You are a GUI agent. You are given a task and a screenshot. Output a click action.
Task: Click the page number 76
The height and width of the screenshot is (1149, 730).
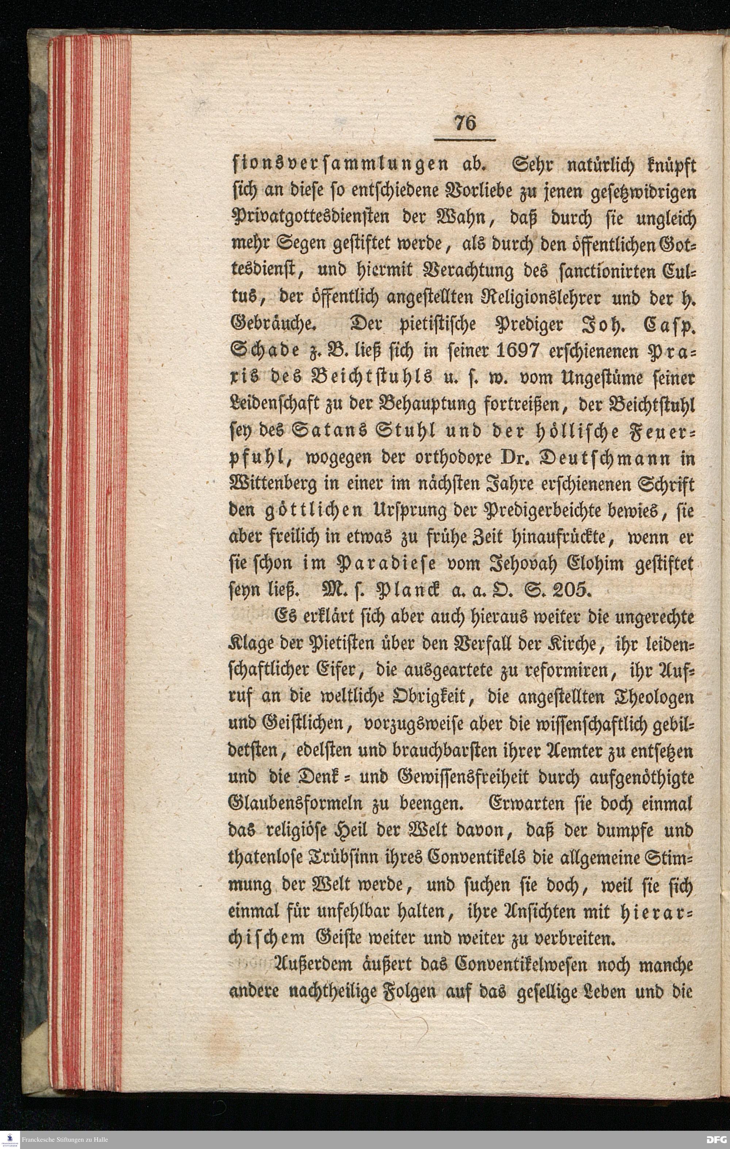(x=465, y=124)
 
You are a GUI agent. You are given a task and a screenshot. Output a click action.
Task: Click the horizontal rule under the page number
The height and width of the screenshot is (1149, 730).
(x=465, y=140)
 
